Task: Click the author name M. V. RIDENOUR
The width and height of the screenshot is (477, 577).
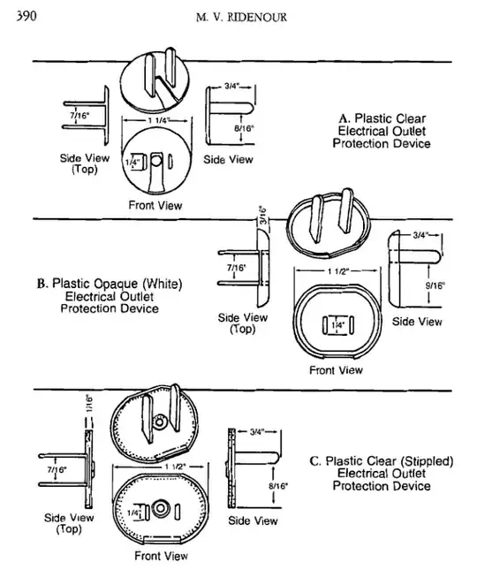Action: click(x=238, y=18)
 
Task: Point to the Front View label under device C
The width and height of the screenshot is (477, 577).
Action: click(x=159, y=556)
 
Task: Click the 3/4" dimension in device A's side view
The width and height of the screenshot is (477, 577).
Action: click(x=233, y=87)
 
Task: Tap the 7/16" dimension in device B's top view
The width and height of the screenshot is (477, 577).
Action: click(x=236, y=267)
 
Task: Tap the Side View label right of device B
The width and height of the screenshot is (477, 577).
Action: click(x=418, y=322)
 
